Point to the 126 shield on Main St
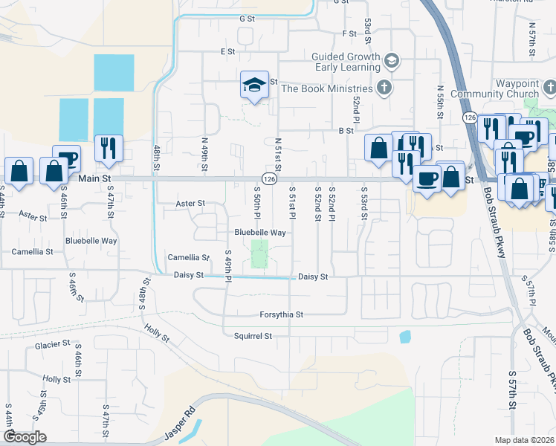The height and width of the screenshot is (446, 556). (269, 179)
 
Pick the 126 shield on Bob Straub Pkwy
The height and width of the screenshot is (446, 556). (469, 117)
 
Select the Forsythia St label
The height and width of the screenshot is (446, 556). (281, 314)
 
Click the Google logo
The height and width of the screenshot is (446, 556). (25, 437)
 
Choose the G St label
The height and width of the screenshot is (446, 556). (247, 18)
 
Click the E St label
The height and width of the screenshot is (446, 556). (227, 51)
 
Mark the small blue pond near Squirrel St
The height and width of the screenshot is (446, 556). (405, 337)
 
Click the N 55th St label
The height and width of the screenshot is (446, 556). (440, 97)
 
